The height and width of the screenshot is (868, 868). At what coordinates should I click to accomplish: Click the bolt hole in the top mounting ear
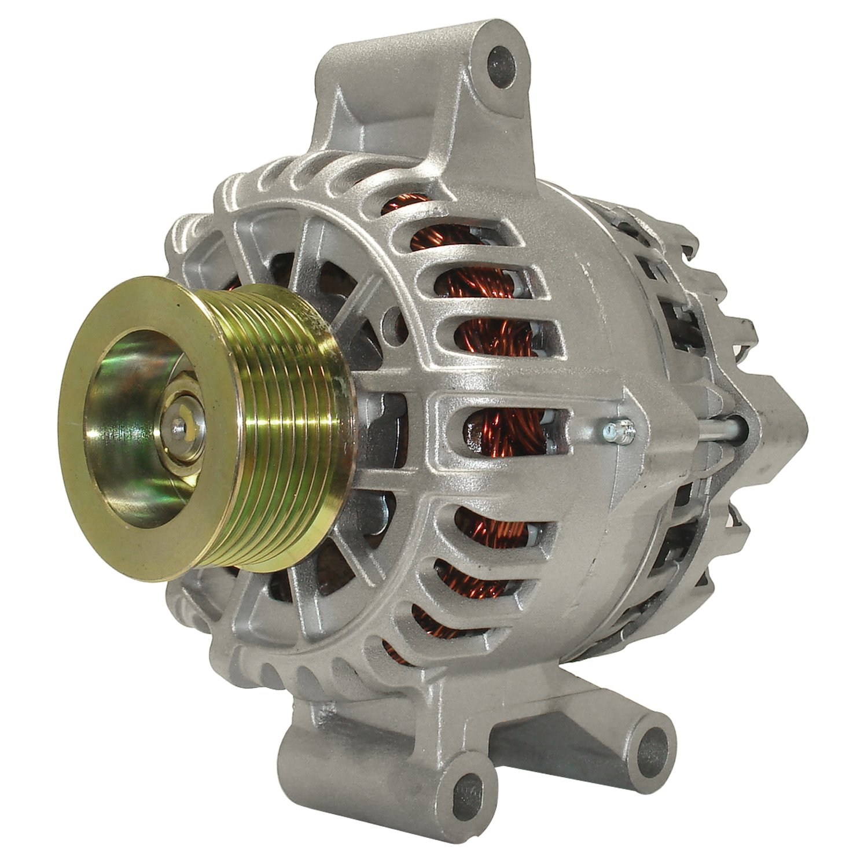coord(501,60)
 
